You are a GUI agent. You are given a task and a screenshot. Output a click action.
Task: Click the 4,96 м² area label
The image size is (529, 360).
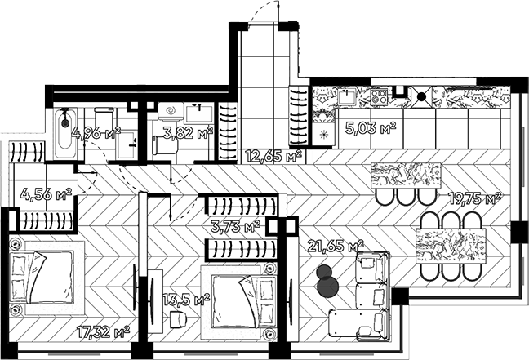tap(96, 134)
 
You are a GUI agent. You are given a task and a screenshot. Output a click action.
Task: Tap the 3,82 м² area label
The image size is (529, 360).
tap(189, 133)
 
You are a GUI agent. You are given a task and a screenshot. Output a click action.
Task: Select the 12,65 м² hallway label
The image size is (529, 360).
tap(273, 156)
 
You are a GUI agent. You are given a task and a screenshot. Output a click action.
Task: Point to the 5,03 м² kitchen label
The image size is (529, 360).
tap(371, 128)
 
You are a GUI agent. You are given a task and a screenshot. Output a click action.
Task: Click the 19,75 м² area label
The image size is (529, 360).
tap(474, 198)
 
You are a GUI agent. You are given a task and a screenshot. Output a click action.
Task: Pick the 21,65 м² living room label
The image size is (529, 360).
tap(336, 246)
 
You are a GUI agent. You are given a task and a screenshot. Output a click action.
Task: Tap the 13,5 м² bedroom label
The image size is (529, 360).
tap(186, 300)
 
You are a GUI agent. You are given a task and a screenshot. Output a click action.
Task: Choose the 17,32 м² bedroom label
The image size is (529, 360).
tap(103, 332)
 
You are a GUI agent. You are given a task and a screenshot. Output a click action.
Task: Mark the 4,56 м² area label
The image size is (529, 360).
tap(46, 194)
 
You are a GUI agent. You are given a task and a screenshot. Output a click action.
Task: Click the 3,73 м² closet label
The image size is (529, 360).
tap(235, 226)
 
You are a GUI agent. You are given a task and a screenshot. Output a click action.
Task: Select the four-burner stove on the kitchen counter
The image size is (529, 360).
tap(380, 96)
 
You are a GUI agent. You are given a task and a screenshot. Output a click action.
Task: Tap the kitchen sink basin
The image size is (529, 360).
tap(348, 96)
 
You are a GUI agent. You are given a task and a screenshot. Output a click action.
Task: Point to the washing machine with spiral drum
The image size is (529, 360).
tap(171, 110)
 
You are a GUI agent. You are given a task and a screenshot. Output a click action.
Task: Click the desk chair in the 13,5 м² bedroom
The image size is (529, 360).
tap(178, 319)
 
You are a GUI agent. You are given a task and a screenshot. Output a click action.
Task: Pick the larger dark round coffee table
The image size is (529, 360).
tap(328, 287)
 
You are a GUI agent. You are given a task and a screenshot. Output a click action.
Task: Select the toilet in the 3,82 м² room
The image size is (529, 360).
tap(165, 144)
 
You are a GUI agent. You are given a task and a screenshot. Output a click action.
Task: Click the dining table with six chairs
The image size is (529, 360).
tap(451, 245)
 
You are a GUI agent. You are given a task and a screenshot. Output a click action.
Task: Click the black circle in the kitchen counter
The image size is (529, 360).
tap(421, 96)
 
